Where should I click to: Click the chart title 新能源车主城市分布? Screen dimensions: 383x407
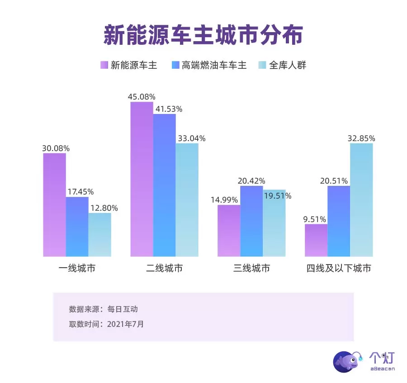coord(203,35)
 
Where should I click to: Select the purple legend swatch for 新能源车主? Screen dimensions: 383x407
coord(104,65)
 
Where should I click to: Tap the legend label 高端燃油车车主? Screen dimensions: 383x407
coord(214,65)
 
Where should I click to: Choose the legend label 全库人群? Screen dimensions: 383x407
coord(288,65)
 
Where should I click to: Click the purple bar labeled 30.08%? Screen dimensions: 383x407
coord(55,205)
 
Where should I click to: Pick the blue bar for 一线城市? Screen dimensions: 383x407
coord(77,227)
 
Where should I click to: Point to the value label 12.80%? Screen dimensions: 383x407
coord(104,208)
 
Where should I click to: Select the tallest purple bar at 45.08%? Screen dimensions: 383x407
coord(142,179)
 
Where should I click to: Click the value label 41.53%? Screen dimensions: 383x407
coord(168,109)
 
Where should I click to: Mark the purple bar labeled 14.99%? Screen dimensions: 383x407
coord(229,231)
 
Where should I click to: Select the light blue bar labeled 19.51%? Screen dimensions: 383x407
coord(274,222)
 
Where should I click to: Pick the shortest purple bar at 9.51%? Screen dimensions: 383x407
coord(316,240)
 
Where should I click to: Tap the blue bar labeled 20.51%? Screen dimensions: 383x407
coord(339,221)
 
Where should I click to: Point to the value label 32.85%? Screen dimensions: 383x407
coord(361,138)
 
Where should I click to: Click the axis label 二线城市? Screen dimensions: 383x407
coord(165,268)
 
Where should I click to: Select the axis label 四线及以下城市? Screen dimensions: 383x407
coord(339,268)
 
